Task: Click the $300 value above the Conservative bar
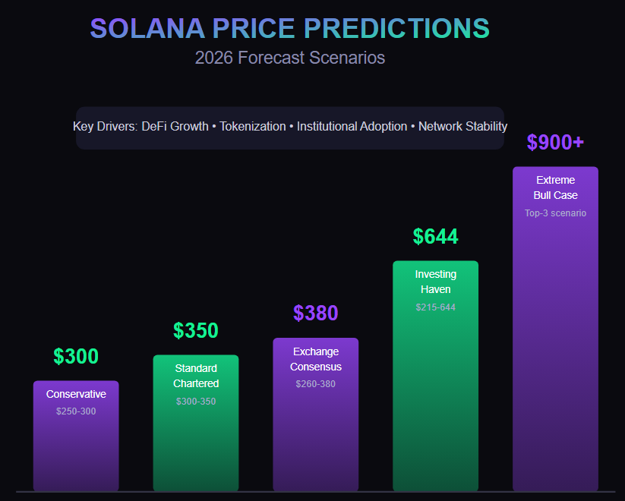[x=76, y=357]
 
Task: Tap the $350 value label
[x=196, y=331]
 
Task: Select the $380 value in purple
[x=316, y=314]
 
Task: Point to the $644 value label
[x=436, y=237]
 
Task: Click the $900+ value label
[x=555, y=143]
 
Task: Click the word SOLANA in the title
[x=147, y=29]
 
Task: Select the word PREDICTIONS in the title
[x=396, y=29]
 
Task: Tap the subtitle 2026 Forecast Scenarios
[x=289, y=58]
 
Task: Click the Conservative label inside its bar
[x=76, y=394]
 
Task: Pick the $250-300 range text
[x=76, y=411]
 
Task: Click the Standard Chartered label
[x=196, y=376]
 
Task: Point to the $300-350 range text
[x=196, y=401]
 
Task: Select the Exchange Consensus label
[x=316, y=359]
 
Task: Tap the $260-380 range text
[x=316, y=384]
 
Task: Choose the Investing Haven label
[x=436, y=282]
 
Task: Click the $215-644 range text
[x=436, y=307]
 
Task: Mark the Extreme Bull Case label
[x=555, y=187]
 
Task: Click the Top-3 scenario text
[x=555, y=213]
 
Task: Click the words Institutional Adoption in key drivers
[x=352, y=126]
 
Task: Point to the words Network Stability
[x=462, y=126]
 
